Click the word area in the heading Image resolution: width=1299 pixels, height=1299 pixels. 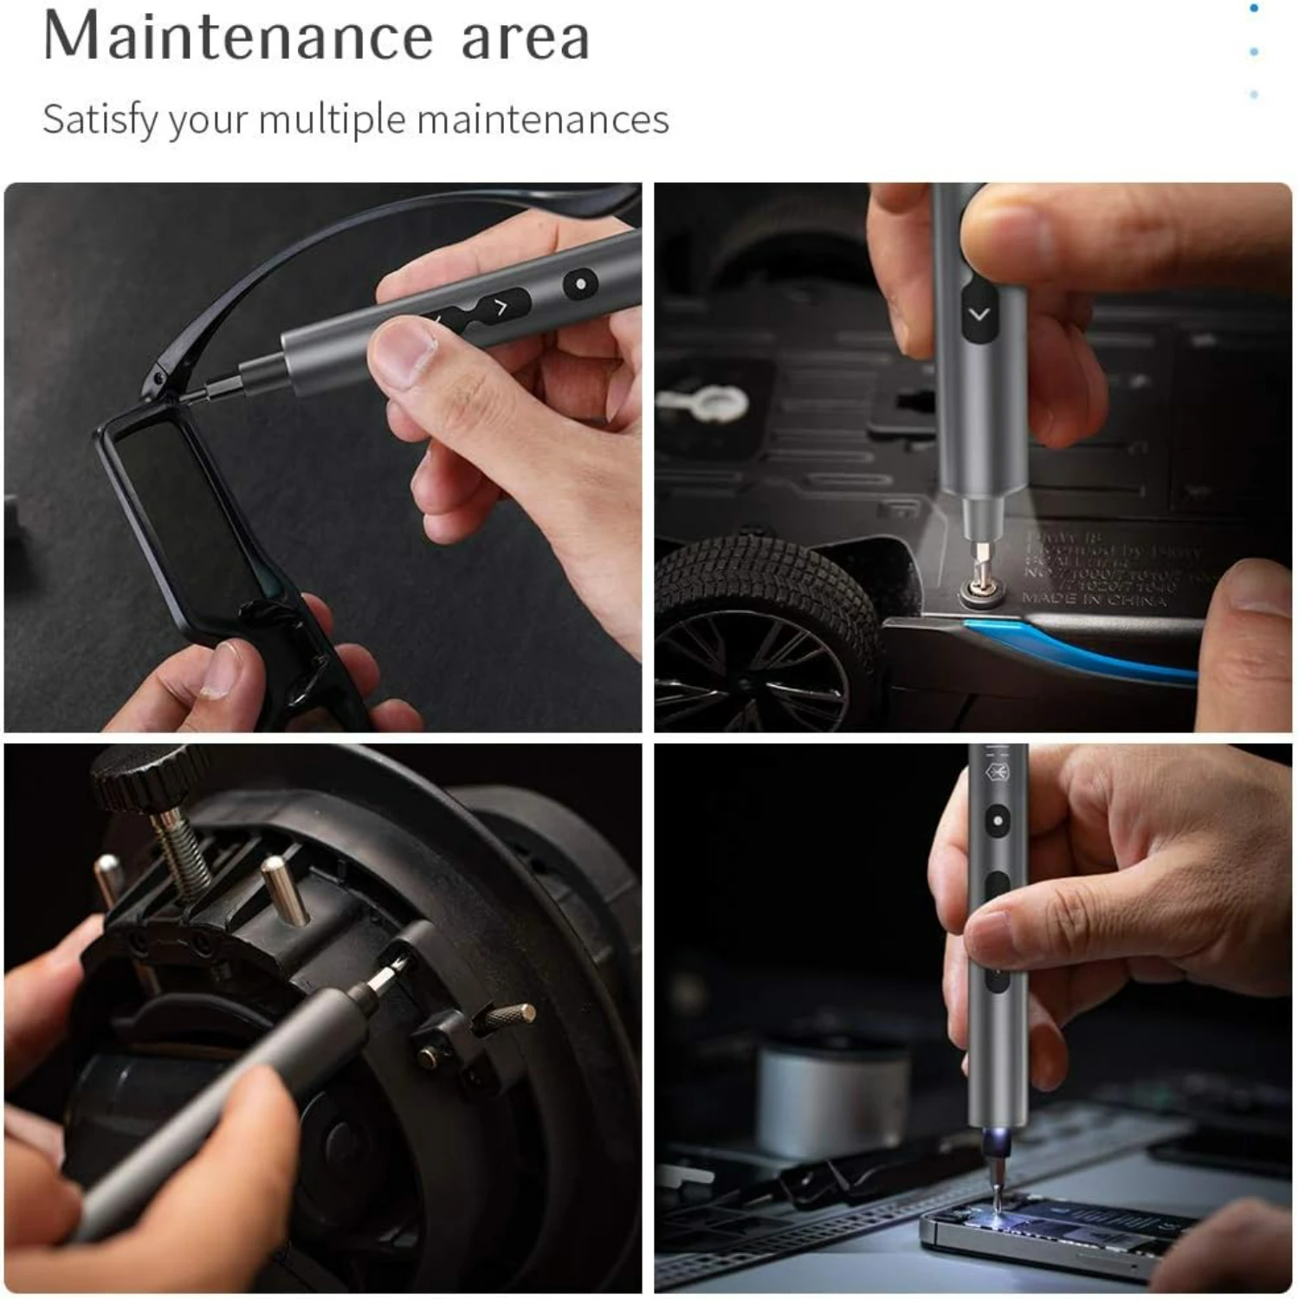pos(525,39)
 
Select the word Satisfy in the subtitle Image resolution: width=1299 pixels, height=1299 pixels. pos(100,120)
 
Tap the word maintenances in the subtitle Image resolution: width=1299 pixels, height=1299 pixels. pos(543,120)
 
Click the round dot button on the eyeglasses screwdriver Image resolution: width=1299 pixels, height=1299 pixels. pos(580,284)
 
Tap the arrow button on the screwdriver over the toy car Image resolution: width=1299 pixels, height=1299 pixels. pos(979,314)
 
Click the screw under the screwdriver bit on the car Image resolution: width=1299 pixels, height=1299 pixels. pos(979,593)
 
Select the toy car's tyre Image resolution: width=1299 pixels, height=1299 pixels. pos(762,624)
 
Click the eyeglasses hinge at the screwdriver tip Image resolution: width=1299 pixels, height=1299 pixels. pos(157,381)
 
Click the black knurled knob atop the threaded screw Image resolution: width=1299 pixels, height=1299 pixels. pos(139,778)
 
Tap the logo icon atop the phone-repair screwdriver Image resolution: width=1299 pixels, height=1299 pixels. pos(998,771)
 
